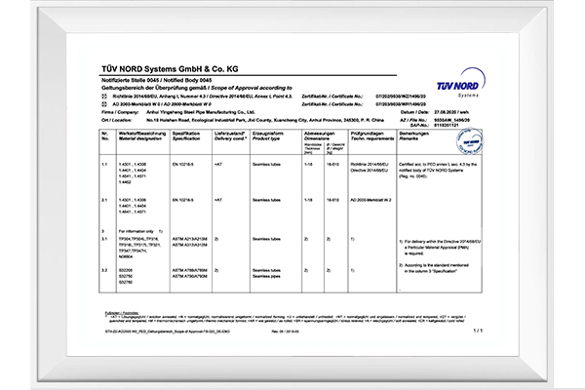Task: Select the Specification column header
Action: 186,136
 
